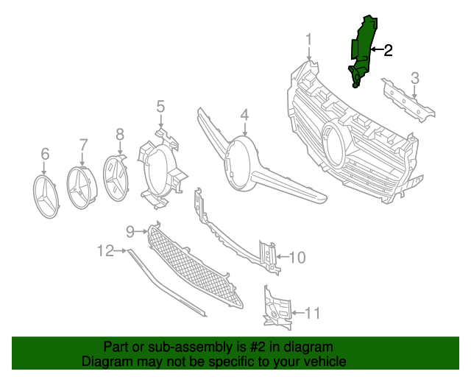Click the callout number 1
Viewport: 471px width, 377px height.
(309, 39)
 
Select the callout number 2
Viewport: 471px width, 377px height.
(388, 50)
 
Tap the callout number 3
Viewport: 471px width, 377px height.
(415, 78)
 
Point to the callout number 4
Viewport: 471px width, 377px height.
(244, 116)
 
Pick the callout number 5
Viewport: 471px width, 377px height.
(160, 108)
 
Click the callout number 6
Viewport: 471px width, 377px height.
(45, 154)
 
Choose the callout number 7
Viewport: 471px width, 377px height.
(83, 145)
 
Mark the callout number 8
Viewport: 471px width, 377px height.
(120, 134)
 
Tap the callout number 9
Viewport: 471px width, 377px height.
(130, 231)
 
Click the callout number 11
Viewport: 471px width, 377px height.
(313, 314)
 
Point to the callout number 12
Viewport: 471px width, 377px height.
(105, 251)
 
